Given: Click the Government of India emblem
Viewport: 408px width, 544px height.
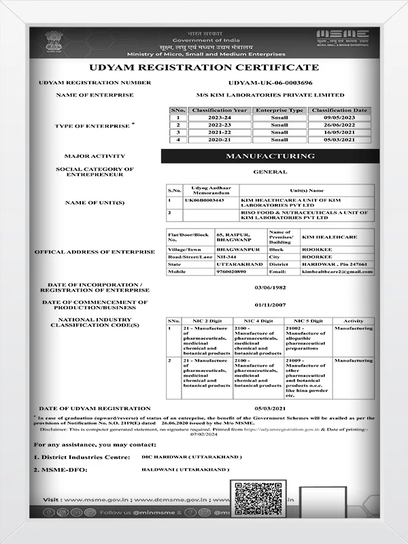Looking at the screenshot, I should [x=53, y=41].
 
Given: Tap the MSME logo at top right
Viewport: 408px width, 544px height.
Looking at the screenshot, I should [x=342, y=39].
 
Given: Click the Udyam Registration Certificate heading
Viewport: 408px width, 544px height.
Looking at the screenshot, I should [x=203, y=67].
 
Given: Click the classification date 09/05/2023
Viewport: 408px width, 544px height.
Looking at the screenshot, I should [x=341, y=118].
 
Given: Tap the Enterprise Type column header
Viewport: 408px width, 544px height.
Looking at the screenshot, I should [x=279, y=110].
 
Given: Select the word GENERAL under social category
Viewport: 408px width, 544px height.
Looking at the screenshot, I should [x=270, y=172].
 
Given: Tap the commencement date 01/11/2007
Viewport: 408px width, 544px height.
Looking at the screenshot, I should [x=269, y=305].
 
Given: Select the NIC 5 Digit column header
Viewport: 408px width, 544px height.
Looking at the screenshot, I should [x=307, y=320].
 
